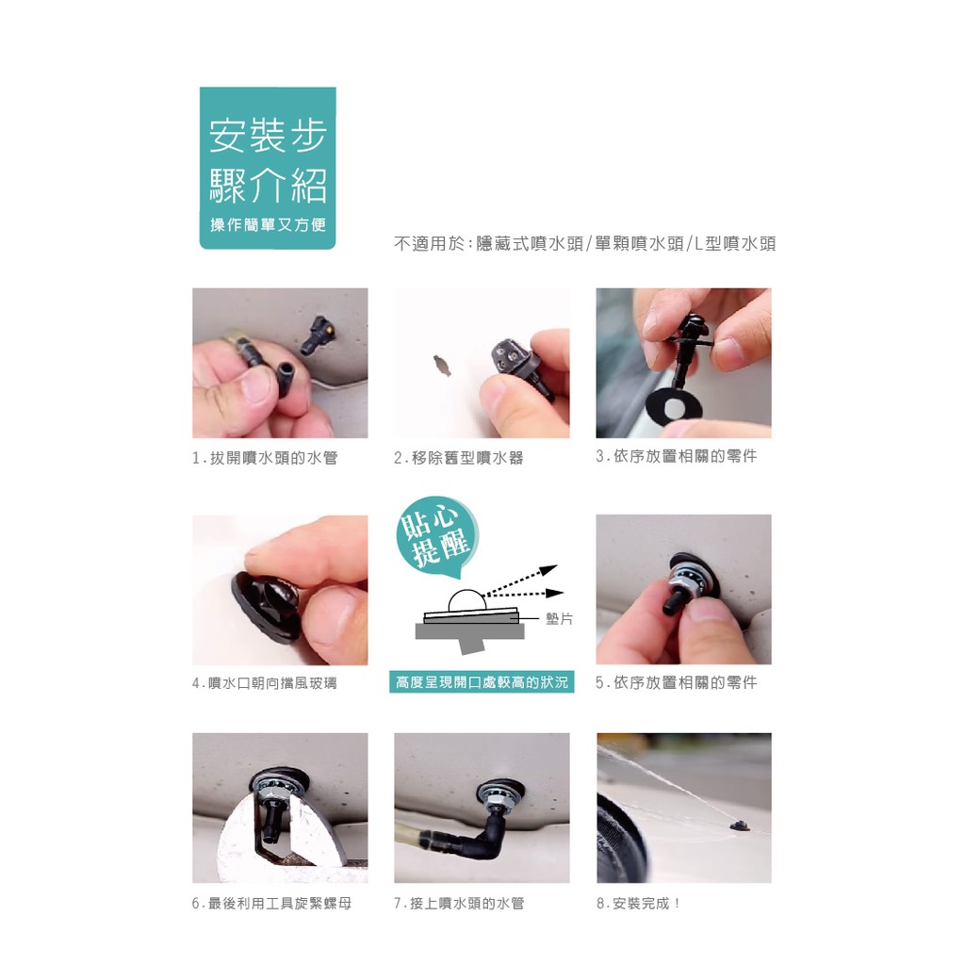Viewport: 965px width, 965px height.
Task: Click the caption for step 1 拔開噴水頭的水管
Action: (x=265, y=458)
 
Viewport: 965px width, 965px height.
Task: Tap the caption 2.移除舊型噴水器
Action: (x=459, y=458)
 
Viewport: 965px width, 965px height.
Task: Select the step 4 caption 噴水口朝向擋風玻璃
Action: (x=265, y=683)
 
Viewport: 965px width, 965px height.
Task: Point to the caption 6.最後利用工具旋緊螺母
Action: (x=271, y=904)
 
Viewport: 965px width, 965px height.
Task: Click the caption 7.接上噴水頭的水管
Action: (x=459, y=904)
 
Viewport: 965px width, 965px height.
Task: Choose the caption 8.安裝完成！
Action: (x=639, y=904)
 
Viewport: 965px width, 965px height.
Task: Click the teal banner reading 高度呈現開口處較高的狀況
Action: (x=482, y=682)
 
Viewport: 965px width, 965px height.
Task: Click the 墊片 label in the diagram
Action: (x=560, y=618)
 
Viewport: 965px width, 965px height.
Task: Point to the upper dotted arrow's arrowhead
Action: (x=550, y=568)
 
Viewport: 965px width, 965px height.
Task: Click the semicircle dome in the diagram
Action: (x=466, y=600)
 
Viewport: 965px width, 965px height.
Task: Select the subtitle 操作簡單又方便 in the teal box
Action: (x=268, y=224)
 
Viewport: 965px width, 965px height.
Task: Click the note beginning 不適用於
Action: (x=584, y=244)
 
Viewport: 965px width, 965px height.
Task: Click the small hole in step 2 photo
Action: (x=443, y=365)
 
